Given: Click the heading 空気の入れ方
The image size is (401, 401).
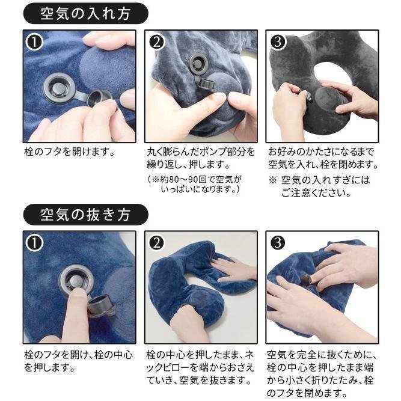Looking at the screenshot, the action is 85,14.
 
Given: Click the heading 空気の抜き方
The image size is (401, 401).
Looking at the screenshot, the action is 85,214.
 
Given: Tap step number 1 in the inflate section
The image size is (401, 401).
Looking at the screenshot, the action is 34,42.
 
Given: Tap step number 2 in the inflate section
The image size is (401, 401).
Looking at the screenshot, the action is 156,42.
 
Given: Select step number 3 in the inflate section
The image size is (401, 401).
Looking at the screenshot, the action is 278,42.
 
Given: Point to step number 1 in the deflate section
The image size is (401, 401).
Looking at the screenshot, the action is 34,243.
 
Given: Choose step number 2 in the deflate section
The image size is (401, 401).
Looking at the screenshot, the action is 156,243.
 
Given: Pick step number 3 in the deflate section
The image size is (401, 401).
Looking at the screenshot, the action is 278,243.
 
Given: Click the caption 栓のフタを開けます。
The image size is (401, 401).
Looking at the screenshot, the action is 69,152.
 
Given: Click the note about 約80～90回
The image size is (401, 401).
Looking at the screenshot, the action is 195,184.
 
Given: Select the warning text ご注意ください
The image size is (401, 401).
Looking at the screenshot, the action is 316,193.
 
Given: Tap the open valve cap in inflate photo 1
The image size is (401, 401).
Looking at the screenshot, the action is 99,98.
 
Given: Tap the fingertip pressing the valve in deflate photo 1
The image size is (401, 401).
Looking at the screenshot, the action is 77,292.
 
